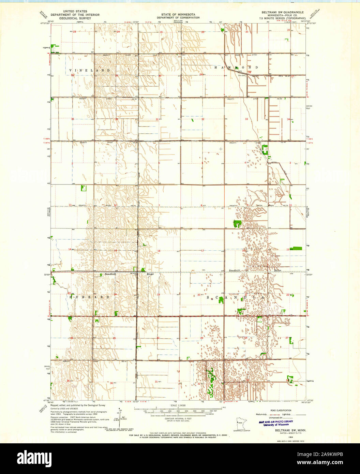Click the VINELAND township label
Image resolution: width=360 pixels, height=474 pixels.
point(90,70)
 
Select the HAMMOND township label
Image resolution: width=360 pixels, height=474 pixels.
point(236,68)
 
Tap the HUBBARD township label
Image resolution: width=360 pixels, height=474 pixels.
point(89,297)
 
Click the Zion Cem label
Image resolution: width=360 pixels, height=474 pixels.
point(242,76)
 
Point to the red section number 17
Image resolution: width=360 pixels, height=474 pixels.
point(202,251)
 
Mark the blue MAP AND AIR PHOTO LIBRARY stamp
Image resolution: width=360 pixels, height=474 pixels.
point(276,423)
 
